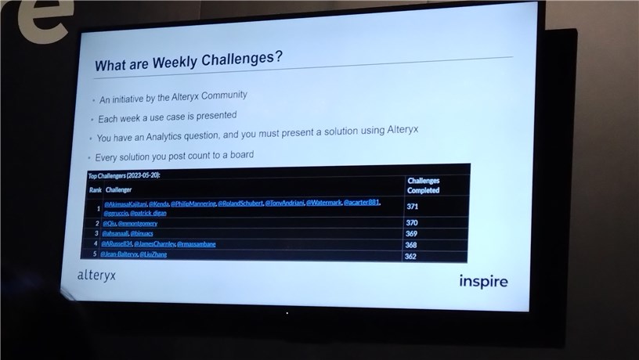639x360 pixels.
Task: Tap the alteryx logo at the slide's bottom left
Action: click(96, 275)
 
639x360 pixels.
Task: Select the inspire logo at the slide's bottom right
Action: click(483, 281)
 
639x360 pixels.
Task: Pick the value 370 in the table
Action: click(413, 223)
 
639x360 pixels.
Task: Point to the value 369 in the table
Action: click(412, 234)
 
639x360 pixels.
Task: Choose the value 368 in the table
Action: click(411, 245)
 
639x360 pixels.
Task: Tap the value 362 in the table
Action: click(410, 256)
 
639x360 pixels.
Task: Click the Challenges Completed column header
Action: click(424, 185)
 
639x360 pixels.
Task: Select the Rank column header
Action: click(95, 189)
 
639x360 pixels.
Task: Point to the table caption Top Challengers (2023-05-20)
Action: click(125, 176)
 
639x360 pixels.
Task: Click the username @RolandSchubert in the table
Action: click(240, 203)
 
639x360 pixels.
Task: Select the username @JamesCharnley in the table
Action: click(154, 244)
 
